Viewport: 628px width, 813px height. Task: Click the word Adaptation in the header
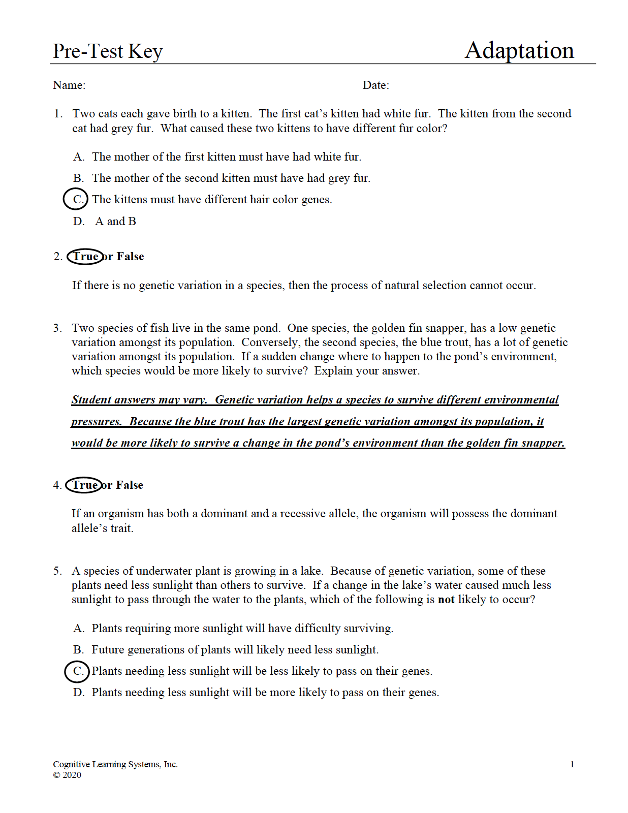pos(519,50)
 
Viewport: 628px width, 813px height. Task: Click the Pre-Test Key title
pos(108,51)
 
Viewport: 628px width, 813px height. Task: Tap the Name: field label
pos(69,85)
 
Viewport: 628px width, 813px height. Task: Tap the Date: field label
pos(375,85)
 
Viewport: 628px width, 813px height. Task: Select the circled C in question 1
pos(76,199)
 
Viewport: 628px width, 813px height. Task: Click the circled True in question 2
pos(85,257)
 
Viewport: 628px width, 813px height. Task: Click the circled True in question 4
pos(84,485)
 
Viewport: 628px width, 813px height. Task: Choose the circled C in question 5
pos(77,671)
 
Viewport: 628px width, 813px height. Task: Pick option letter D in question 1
pos(79,222)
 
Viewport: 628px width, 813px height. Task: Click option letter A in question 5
pos(78,629)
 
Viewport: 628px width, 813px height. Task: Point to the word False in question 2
pos(131,257)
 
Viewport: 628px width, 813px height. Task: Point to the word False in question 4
pos(130,485)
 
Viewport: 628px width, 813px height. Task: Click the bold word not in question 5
pos(446,600)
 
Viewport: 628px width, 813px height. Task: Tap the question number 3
pos(57,328)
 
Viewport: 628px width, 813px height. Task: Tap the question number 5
pos(57,571)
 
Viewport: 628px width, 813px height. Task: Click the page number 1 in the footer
pos(572,764)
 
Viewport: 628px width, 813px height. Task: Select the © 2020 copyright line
pos(67,775)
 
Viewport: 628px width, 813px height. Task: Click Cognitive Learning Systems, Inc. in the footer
pos(115,764)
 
